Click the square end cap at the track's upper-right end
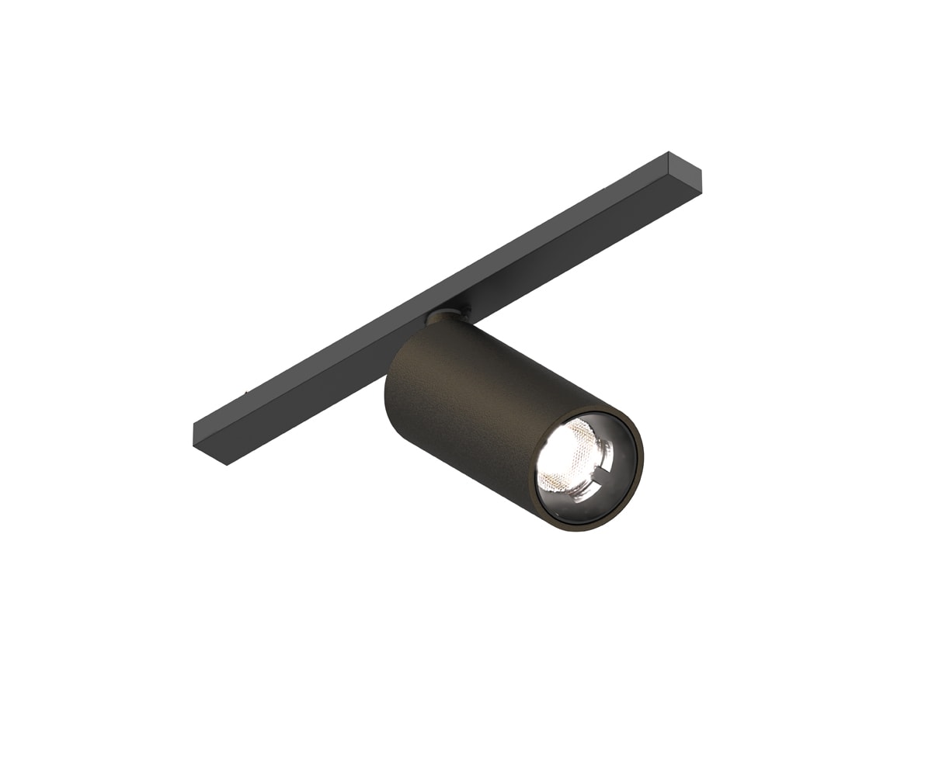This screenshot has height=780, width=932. [684, 172]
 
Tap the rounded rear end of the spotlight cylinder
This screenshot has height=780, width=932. [396, 388]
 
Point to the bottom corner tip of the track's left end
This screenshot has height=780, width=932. [226, 465]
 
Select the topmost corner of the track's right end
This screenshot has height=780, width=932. [668, 152]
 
